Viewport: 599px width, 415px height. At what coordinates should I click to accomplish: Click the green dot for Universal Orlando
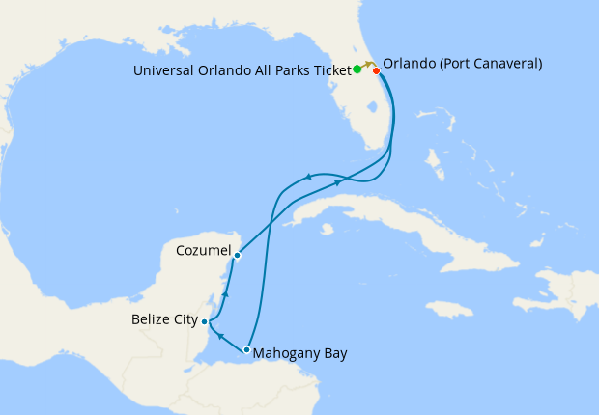pyautogui.click(x=357, y=69)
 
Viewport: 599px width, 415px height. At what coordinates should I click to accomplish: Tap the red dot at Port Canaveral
pyautogui.click(x=376, y=70)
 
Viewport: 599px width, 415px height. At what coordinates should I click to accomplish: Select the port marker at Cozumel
pyautogui.click(x=237, y=256)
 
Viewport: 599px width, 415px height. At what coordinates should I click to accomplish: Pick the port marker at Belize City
pyautogui.click(x=204, y=322)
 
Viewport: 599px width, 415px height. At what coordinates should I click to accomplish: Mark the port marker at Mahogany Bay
pyautogui.click(x=247, y=350)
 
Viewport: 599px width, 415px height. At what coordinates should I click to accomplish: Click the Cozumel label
pyautogui.click(x=203, y=250)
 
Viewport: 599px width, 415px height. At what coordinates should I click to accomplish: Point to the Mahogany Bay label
pyautogui.click(x=299, y=353)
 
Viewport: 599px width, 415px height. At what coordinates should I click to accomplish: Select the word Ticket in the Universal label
pyautogui.click(x=328, y=69)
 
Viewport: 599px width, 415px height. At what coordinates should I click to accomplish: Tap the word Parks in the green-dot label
pyautogui.click(x=283, y=69)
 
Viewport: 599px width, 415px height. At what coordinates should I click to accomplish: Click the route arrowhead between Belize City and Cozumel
pyautogui.click(x=225, y=292)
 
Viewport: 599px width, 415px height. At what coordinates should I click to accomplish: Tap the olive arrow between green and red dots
pyautogui.click(x=368, y=64)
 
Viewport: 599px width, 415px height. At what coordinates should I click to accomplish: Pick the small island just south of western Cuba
pyautogui.click(x=328, y=229)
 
